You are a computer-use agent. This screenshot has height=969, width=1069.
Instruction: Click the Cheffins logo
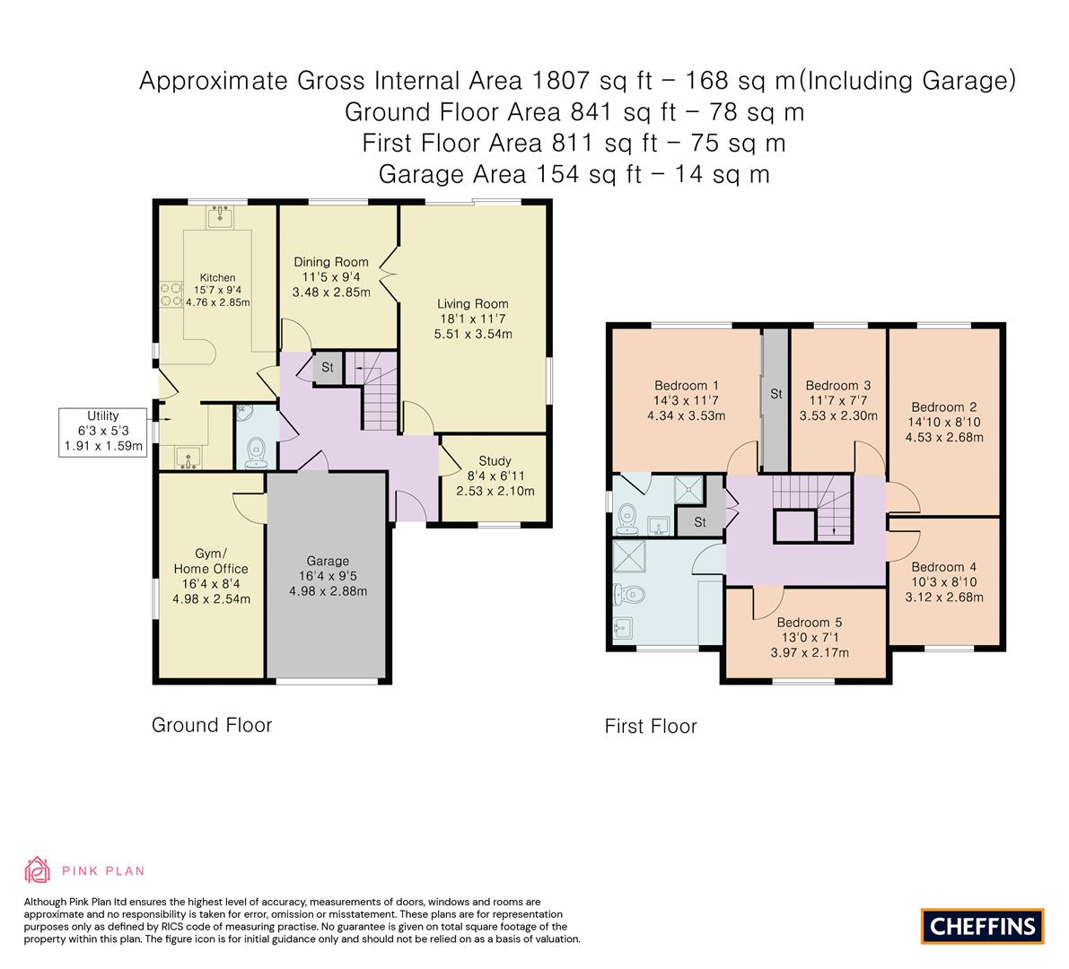coord(983,926)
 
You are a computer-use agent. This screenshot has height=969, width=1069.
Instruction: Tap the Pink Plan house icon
coord(38,869)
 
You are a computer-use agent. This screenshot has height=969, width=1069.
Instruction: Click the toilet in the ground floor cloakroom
coord(256,451)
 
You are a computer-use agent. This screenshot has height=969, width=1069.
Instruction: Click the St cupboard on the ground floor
coord(328,368)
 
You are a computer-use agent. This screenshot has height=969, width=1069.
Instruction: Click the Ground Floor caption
coord(211,724)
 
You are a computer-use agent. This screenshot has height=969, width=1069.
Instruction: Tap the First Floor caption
coord(650,726)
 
